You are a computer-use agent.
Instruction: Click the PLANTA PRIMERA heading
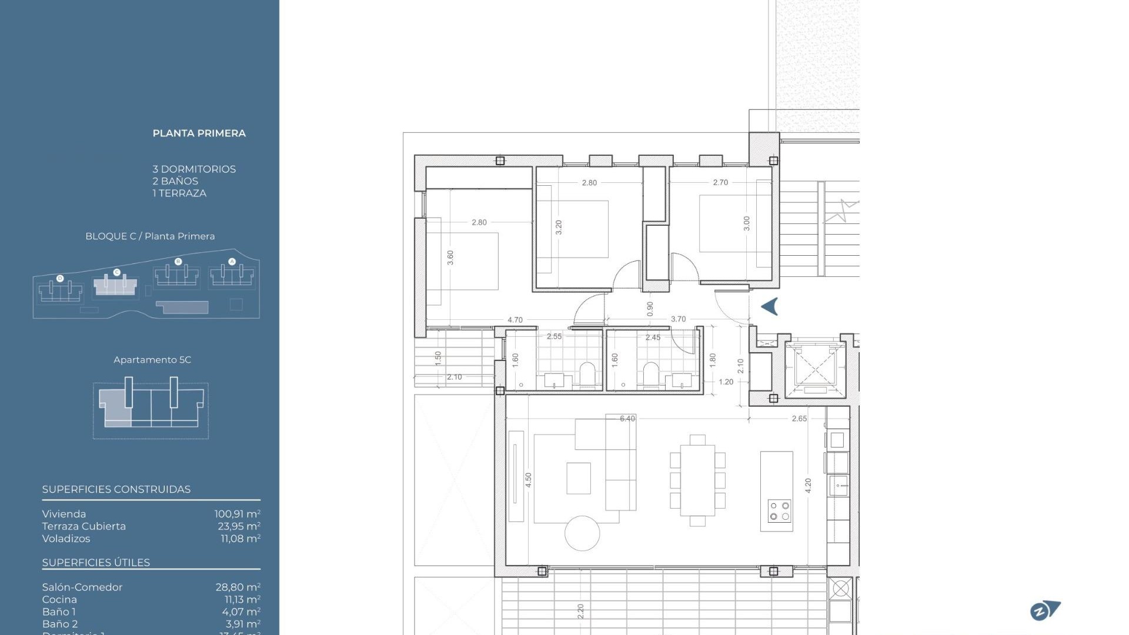[x=199, y=133]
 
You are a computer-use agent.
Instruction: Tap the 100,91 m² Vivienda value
[x=237, y=514]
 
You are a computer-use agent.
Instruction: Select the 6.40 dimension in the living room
[x=627, y=419]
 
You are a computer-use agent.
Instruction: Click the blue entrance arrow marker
[x=770, y=306]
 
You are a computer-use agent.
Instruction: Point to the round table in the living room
[x=582, y=533]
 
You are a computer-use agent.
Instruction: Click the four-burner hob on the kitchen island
[x=779, y=511]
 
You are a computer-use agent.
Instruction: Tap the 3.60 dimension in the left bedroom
[x=450, y=258]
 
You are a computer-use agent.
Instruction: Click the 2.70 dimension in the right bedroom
[x=720, y=182]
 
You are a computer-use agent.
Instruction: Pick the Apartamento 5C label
[x=152, y=360]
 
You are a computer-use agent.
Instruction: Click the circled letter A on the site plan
[x=232, y=262]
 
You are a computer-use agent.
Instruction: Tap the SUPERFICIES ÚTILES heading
[x=96, y=563]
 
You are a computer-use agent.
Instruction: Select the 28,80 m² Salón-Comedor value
[x=238, y=587]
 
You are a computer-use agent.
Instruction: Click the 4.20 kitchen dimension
[x=808, y=485]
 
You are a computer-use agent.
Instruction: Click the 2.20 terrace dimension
[x=581, y=611]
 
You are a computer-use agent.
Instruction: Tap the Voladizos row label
[x=66, y=539]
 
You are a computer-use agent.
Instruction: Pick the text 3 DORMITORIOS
[x=194, y=169]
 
